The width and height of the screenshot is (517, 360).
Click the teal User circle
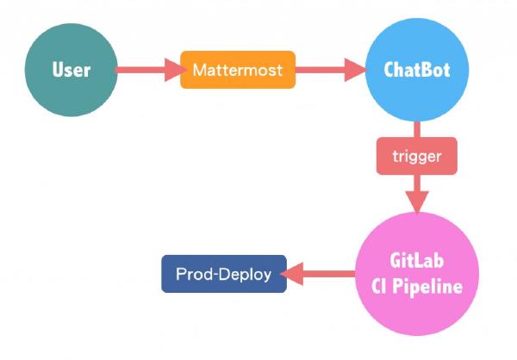click(72, 70)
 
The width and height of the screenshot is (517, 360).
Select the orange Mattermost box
click(238, 70)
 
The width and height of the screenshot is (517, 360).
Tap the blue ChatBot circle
click(417, 70)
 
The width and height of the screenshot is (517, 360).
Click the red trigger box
click(416, 156)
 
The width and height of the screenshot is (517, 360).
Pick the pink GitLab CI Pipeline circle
click(416, 274)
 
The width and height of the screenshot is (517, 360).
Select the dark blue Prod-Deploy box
click(224, 274)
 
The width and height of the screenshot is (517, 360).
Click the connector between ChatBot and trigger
click(417, 128)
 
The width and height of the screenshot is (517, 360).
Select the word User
click(72, 70)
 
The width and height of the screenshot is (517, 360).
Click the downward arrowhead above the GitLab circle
click(417, 202)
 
